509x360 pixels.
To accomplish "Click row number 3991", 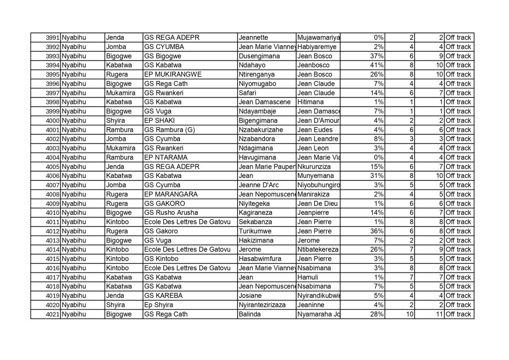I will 53,38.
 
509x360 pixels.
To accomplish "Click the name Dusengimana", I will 259,56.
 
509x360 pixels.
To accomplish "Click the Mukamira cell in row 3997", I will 120,93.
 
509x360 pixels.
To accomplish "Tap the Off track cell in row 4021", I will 458,314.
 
